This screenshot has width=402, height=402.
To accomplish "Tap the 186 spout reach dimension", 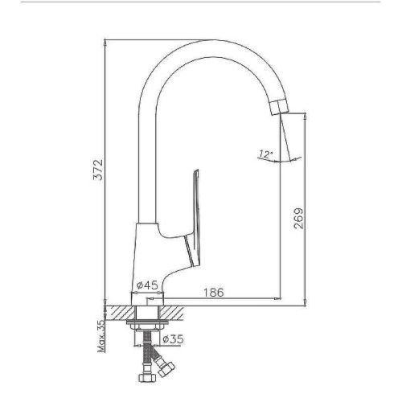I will pos(214,291).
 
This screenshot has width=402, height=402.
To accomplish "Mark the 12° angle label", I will pos(265,153).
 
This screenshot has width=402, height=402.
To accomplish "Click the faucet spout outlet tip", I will pos(279,106).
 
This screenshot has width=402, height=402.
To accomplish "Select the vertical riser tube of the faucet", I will pos(147,161).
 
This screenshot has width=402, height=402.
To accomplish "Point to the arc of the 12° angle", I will pos(273,160).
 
